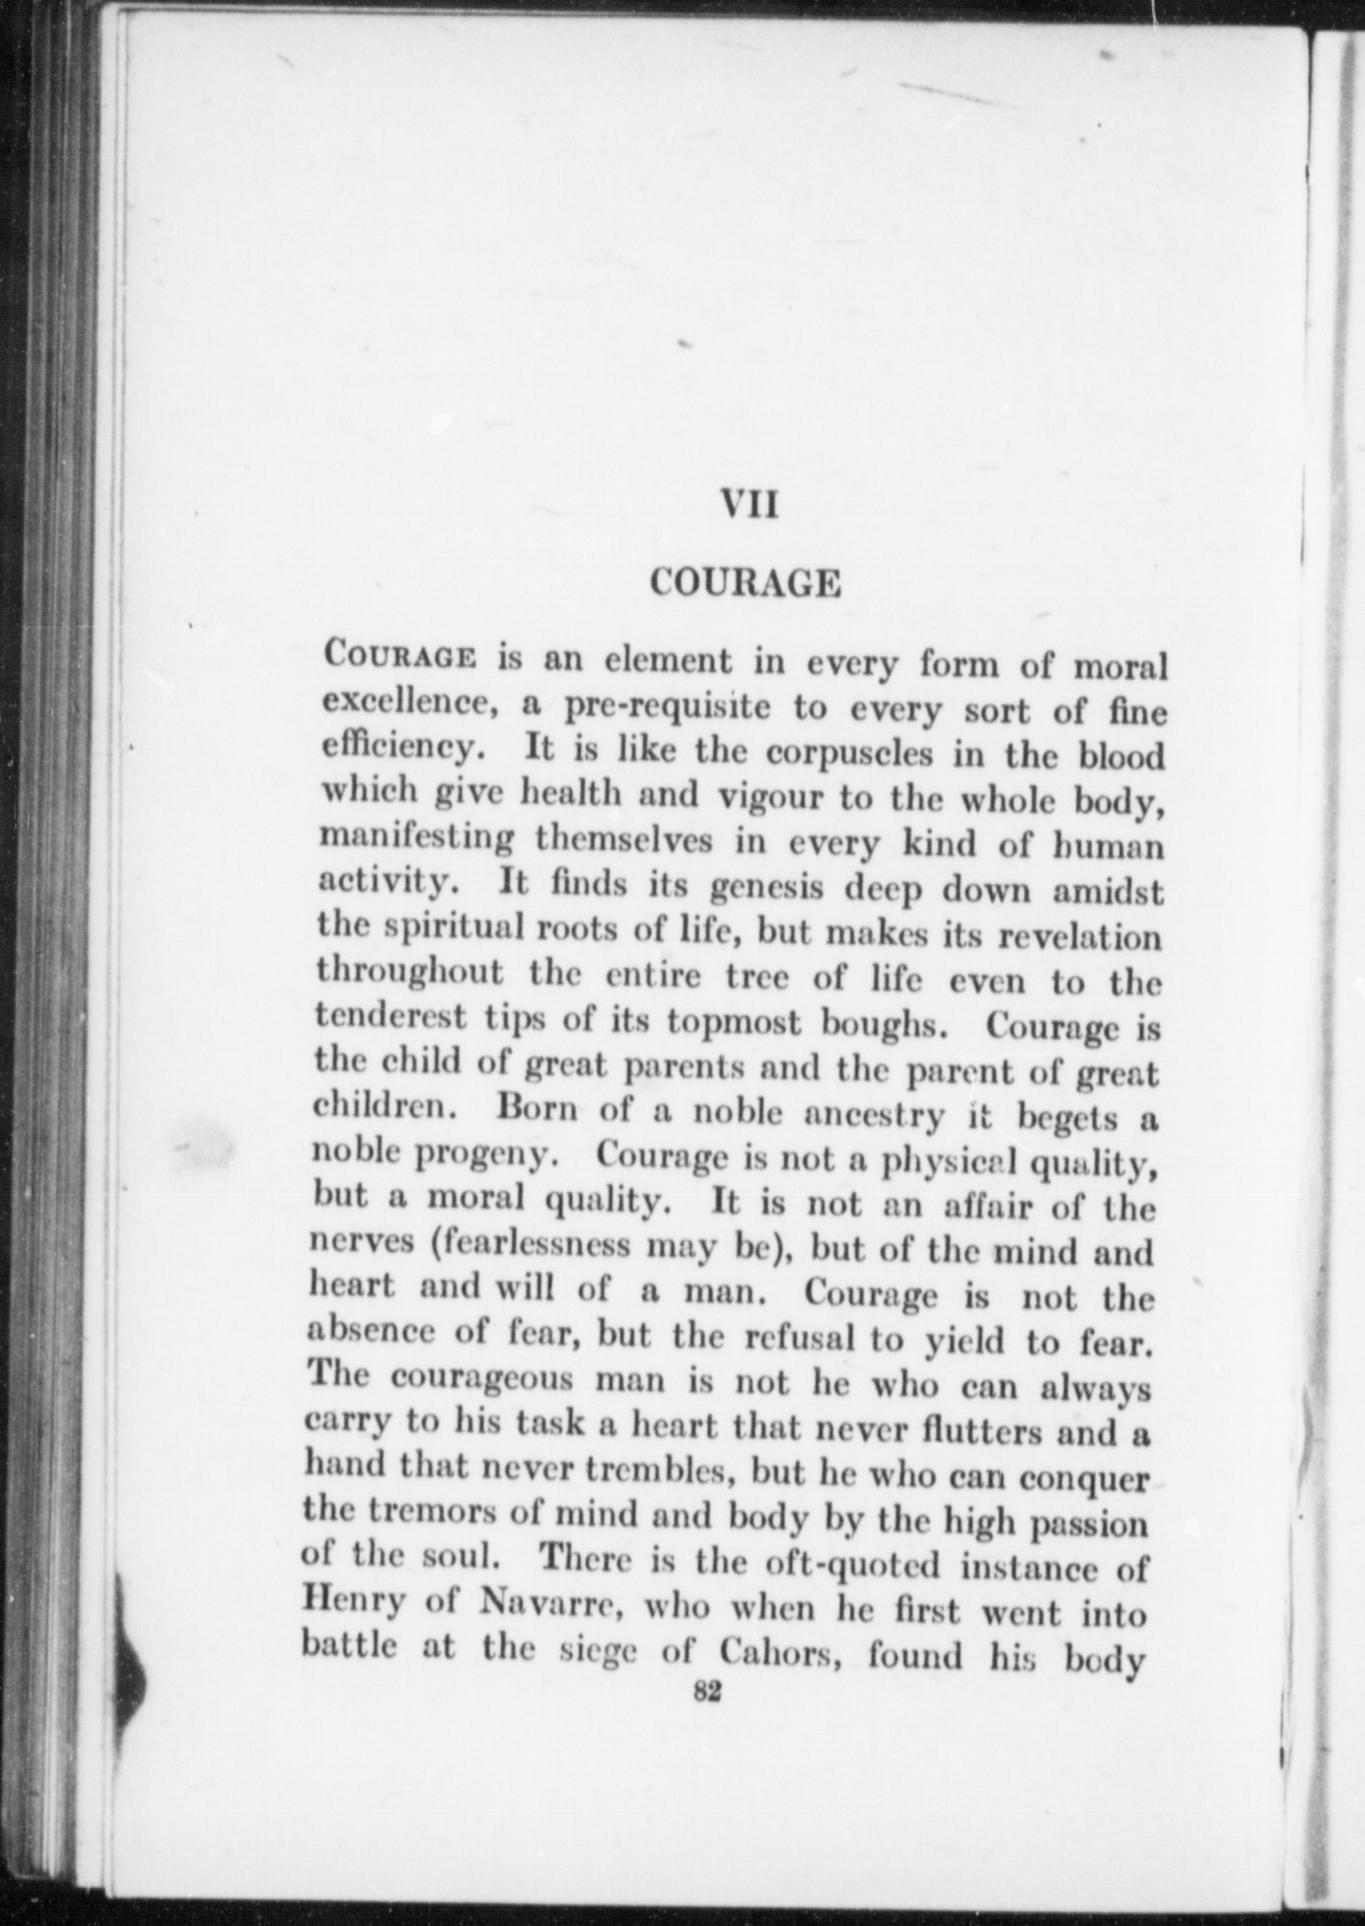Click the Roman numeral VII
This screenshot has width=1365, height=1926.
750,506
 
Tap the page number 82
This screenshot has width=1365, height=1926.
708,1690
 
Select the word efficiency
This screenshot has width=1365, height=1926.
402,750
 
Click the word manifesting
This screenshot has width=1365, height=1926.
416,841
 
